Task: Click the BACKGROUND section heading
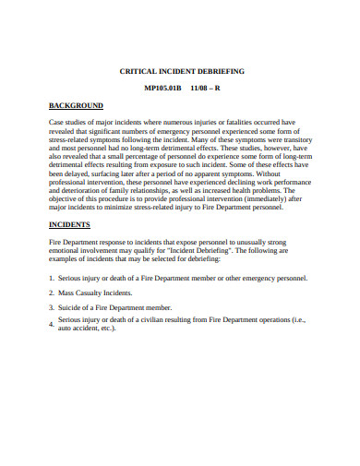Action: [77, 105]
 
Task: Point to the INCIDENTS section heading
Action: [69, 224]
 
